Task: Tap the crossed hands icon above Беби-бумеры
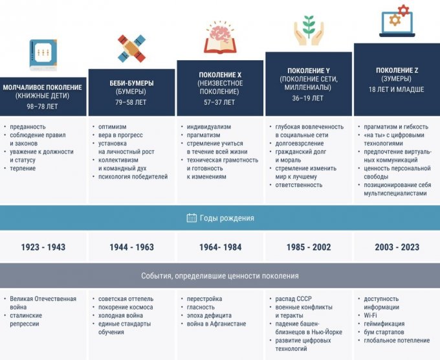tap(131, 49)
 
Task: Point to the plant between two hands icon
tap(309, 30)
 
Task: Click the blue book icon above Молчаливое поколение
tap(43, 55)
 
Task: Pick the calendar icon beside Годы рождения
tap(192, 218)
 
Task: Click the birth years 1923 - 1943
tap(43, 247)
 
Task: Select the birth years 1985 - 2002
tap(309, 247)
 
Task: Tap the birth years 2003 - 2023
tap(397, 247)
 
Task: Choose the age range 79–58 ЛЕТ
tap(131, 102)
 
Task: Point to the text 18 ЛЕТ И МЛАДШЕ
tap(396, 89)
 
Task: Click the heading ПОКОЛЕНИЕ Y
tap(309, 71)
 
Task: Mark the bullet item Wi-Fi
tap(370, 315)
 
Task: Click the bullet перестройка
tap(204, 298)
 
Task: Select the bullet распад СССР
tap(294, 298)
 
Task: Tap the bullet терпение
tap(23, 168)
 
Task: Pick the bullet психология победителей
tap(133, 177)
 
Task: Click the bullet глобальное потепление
tap(397, 341)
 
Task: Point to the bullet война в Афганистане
tap(216, 324)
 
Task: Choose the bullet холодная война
tap(120, 315)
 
